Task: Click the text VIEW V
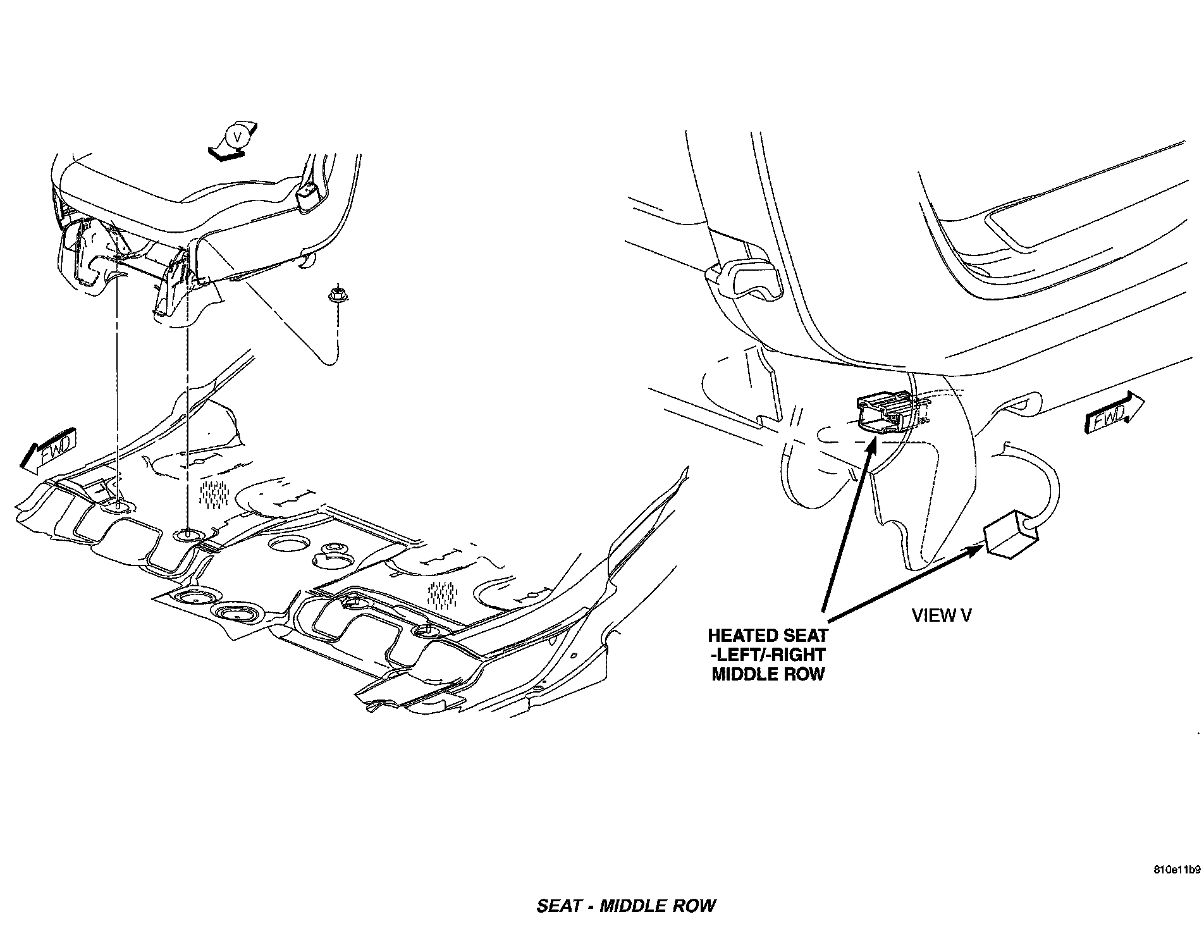pos(942,615)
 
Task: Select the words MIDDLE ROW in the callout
pos(768,674)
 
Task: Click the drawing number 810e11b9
pos(1176,868)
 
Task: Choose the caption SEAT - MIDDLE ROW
pos(625,906)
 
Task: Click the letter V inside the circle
pos(236,137)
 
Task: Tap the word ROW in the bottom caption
pos(695,906)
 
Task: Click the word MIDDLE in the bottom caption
pos(632,906)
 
